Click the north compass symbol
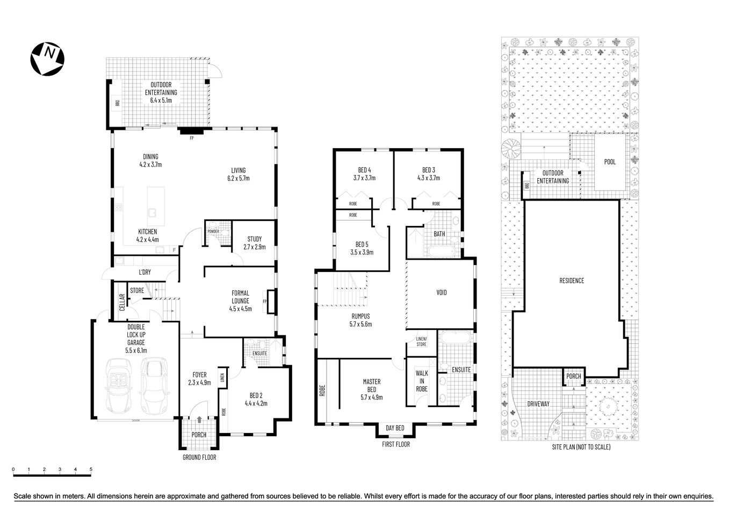(x=48, y=58)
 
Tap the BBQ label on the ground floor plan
(x=117, y=102)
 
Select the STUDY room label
(x=255, y=243)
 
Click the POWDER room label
(x=213, y=231)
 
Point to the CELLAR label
(x=122, y=303)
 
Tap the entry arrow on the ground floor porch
(x=199, y=421)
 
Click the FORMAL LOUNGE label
(x=240, y=300)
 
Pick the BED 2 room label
(x=256, y=400)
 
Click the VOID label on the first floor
(x=441, y=292)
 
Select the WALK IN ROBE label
(x=422, y=381)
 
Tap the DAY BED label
(x=395, y=428)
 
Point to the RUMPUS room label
(x=360, y=320)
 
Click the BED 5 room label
(x=362, y=248)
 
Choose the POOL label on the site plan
(x=610, y=161)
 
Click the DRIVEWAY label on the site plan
(x=538, y=403)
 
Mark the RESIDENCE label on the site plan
(x=572, y=281)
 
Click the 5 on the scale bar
(x=91, y=469)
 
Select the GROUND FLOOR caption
(x=199, y=457)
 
